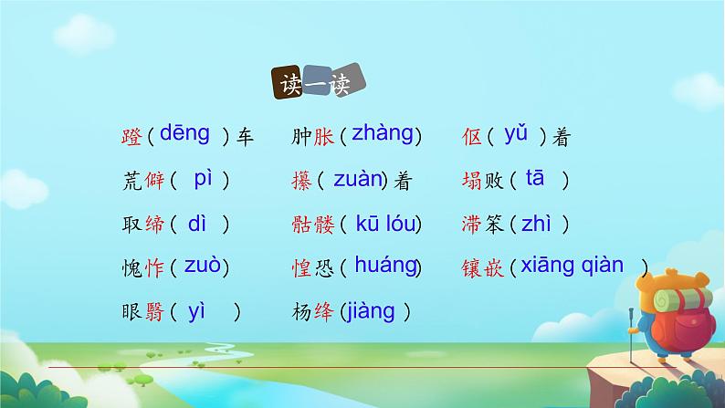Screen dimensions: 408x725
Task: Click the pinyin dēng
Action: point(185,133)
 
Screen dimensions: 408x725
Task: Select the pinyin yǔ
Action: point(516,134)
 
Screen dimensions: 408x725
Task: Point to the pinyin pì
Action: point(203,179)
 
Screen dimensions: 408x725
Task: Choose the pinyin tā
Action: point(535,178)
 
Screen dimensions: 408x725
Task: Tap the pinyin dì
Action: point(198,222)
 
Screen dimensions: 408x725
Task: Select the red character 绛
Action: point(322,313)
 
